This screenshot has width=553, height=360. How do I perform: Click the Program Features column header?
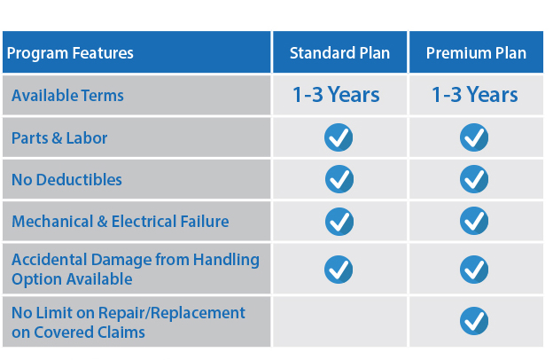point(70,53)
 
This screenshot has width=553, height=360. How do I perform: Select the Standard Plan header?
point(339,53)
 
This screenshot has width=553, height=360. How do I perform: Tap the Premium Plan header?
point(476,53)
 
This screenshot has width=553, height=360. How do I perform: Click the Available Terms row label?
point(67,95)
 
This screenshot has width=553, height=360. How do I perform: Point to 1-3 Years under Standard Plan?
point(336,95)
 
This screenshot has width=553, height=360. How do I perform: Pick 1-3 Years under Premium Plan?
point(475,95)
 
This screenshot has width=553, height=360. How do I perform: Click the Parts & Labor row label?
point(59,137)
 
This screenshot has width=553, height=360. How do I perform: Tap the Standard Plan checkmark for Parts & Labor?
point(339,137)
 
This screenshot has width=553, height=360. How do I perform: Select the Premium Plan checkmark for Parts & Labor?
point(474,137)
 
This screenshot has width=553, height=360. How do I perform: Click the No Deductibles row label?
point(66,180)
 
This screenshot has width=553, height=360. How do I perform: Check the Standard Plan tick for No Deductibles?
point(339,179)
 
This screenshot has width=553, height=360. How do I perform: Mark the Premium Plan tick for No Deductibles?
point(474,179)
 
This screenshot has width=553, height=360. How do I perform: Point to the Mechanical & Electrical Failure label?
point(121,222)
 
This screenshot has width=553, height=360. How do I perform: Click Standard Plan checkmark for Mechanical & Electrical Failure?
point(339,222)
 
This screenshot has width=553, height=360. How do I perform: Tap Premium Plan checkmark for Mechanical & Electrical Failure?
point(474,221)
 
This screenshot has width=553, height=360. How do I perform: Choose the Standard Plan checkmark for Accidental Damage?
point(339,270)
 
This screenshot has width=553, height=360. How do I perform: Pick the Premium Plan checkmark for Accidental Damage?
point(474,270)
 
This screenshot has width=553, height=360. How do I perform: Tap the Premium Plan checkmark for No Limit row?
point(474,321)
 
